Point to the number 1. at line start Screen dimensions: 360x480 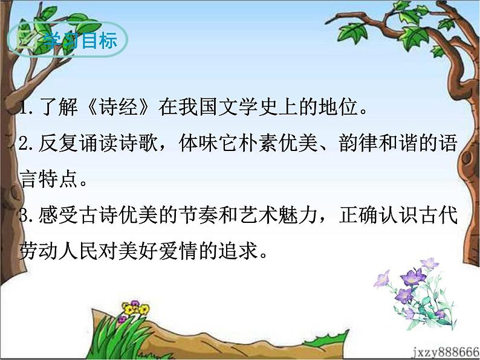[x=26, y=110]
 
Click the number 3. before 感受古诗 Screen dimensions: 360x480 [x=27, y=216]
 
